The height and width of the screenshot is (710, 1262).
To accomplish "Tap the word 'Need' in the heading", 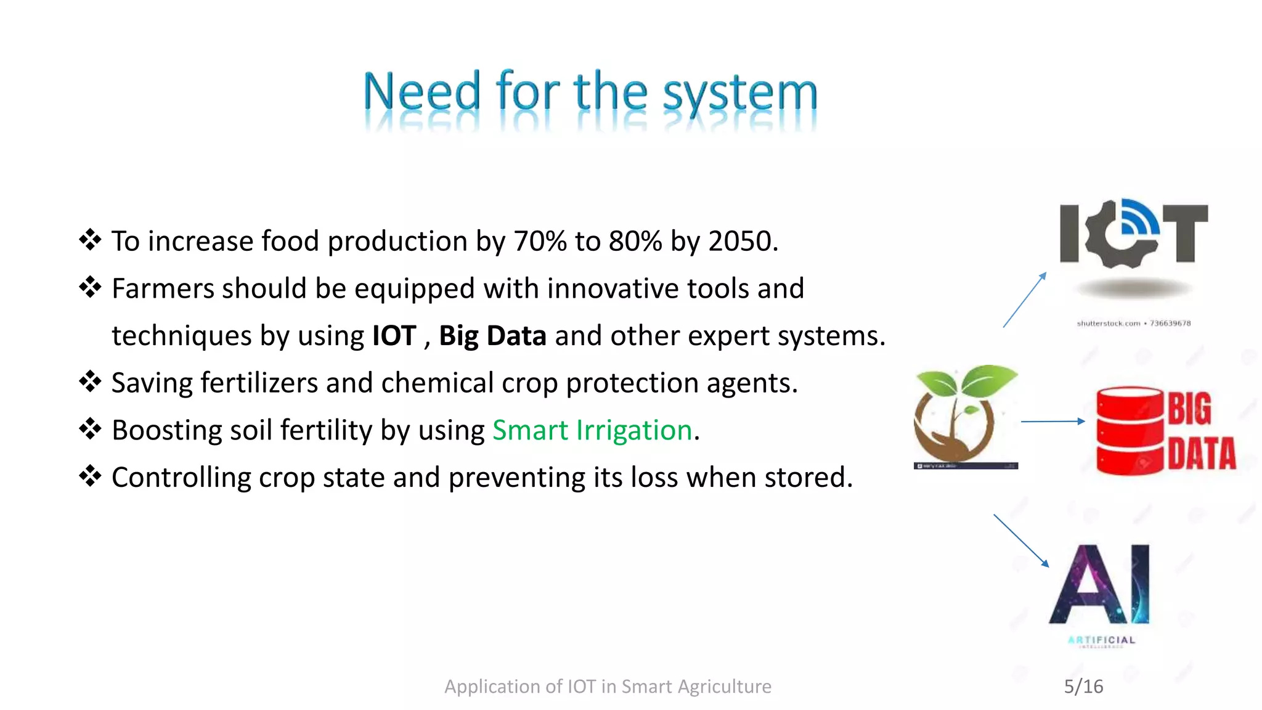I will [x=422, y=92].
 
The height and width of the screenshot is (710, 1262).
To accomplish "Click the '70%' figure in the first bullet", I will [x=540, y=241].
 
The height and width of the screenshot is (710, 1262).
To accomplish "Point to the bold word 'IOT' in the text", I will [x=394, y=336].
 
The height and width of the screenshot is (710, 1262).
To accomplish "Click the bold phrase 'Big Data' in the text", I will [x=492, y=336].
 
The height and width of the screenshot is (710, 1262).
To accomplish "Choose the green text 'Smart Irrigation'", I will [x=592, y=430].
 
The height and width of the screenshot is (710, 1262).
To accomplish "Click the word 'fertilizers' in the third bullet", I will [x=259, y=383].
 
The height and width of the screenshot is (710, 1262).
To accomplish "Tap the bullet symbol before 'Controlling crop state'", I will [x=90, y=476].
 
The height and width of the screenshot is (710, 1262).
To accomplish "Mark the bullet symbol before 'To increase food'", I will [x=90, y=240].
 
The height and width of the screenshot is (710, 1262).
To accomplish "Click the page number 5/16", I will [x=1083, y=687].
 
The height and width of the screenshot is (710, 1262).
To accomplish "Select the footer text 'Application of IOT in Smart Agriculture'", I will [x=608, y=687].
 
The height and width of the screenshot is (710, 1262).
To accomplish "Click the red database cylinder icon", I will [x=1130, y=431].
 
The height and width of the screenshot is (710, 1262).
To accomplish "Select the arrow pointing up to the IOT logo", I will [x=1025, y=300].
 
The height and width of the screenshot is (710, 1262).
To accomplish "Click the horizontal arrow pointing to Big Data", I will [x=1052, y=422].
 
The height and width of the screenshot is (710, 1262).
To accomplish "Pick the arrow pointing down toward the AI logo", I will [x=1021, y=541].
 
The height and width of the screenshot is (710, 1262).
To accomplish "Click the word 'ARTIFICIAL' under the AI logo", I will [x=1102, y=640].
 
